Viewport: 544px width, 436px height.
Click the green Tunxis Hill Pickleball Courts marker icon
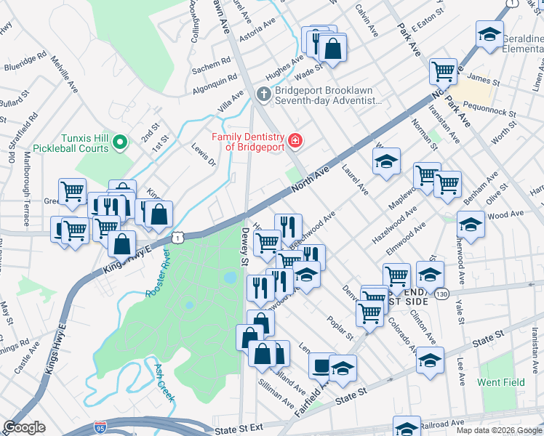coord(121,142)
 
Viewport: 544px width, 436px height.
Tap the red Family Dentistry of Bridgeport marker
coord(295,140)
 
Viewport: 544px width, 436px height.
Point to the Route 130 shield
coord(441,294)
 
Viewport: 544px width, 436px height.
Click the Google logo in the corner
coord(24,427)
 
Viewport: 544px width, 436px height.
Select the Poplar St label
coord(340,328)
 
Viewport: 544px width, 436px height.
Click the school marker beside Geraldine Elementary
coord(489,34)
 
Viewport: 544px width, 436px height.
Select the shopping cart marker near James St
coord(443,71)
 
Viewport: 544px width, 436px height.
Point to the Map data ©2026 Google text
coord(499,430)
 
